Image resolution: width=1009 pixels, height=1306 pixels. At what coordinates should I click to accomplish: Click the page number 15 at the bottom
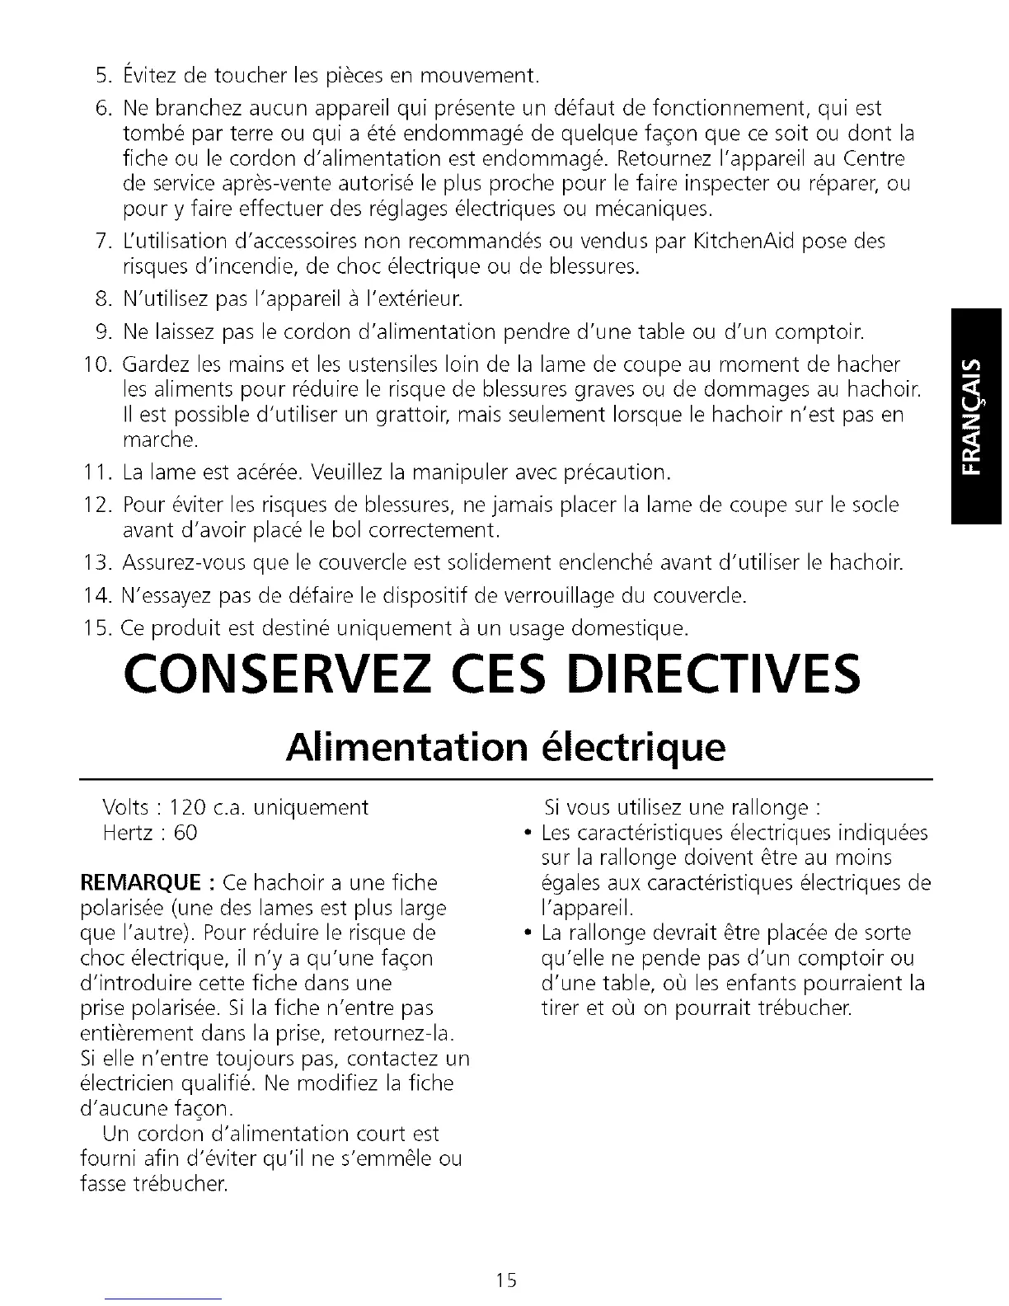(x=506, y=1280)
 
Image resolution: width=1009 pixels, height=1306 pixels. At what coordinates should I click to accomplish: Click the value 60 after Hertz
(x=185, y=832)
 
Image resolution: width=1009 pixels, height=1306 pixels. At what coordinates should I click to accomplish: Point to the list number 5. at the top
(x=102, y=78)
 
